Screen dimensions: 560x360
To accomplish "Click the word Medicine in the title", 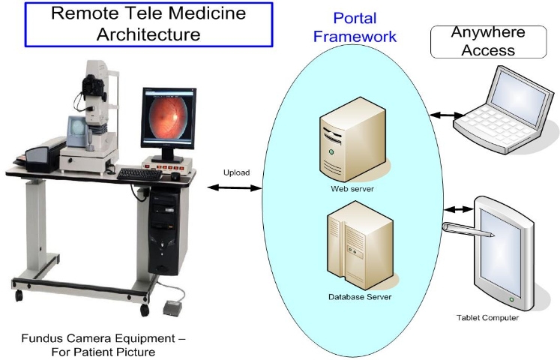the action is [207, 13].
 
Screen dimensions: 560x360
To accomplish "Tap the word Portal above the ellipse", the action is [355, 18].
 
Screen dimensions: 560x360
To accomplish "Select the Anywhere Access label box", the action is [489, 42].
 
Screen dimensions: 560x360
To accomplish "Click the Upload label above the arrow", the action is [236, 172].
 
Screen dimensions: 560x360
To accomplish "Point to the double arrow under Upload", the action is [235, 187].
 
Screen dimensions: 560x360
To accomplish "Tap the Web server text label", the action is [352, 189].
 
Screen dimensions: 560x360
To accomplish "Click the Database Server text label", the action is [360, 297].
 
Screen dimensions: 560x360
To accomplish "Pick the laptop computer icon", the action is [505, 110].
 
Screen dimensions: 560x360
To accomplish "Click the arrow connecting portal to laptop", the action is [447, 115].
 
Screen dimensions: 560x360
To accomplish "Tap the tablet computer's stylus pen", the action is [469, 230].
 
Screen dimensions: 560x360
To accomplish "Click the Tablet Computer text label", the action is [487, 318].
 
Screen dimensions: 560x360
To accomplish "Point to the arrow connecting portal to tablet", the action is [459, 210].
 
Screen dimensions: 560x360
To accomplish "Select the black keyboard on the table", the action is [139, 175].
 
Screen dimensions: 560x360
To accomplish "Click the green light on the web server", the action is [331, 151].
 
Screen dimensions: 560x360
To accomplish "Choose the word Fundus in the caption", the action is [42, 338].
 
